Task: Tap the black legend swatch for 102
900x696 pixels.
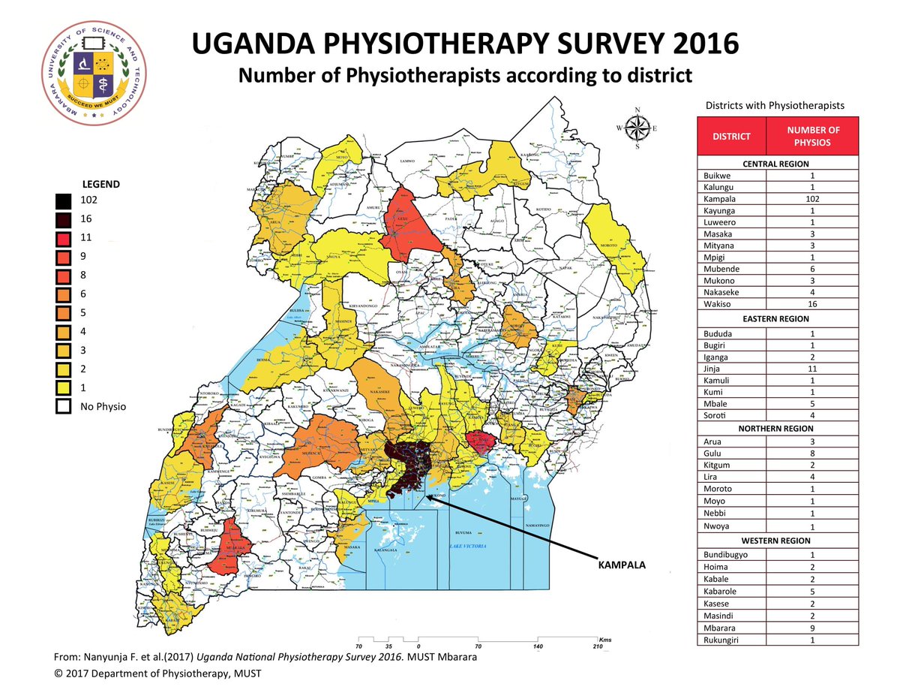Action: (64, 200)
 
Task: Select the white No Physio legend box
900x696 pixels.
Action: (64, 406)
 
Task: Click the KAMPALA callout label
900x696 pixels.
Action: (622, 562)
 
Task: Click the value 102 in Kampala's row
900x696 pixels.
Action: (812, 199)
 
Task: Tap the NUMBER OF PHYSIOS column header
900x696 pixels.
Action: (812, 136)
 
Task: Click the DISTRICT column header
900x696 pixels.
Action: (731, 136)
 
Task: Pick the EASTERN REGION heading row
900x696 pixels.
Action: (778, 319)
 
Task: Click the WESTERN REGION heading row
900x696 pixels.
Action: (778, 541)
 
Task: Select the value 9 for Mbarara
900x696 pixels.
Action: (812, 628)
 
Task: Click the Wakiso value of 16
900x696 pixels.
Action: (812, 304)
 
